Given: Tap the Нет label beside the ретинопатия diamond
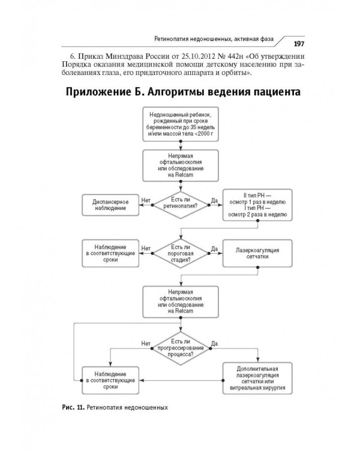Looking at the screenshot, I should [145, 199].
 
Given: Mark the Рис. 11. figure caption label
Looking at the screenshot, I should [73, 407].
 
